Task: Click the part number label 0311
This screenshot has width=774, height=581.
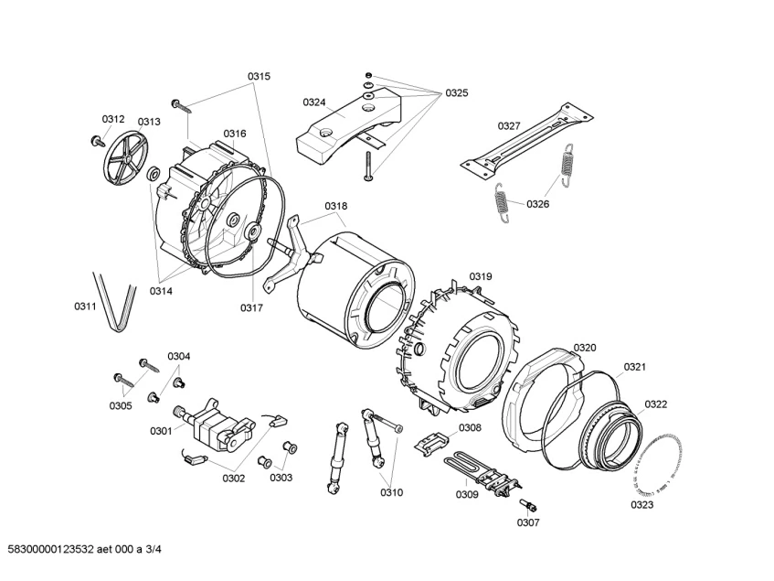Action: point(85,307)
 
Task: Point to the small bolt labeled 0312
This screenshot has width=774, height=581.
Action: point(98,141)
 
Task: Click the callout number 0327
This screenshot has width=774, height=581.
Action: point(509,126)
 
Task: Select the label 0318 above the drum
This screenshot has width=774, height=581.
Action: point(335,206)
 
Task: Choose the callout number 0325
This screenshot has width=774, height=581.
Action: point(457,93)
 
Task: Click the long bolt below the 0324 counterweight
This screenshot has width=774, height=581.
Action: point(367,167)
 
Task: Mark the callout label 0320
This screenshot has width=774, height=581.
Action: point(585,348)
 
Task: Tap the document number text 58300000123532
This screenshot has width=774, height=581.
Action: point(51,549)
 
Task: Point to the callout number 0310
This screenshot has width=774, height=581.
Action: point(391,492)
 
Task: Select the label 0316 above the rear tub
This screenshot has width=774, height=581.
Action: point(235,134)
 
